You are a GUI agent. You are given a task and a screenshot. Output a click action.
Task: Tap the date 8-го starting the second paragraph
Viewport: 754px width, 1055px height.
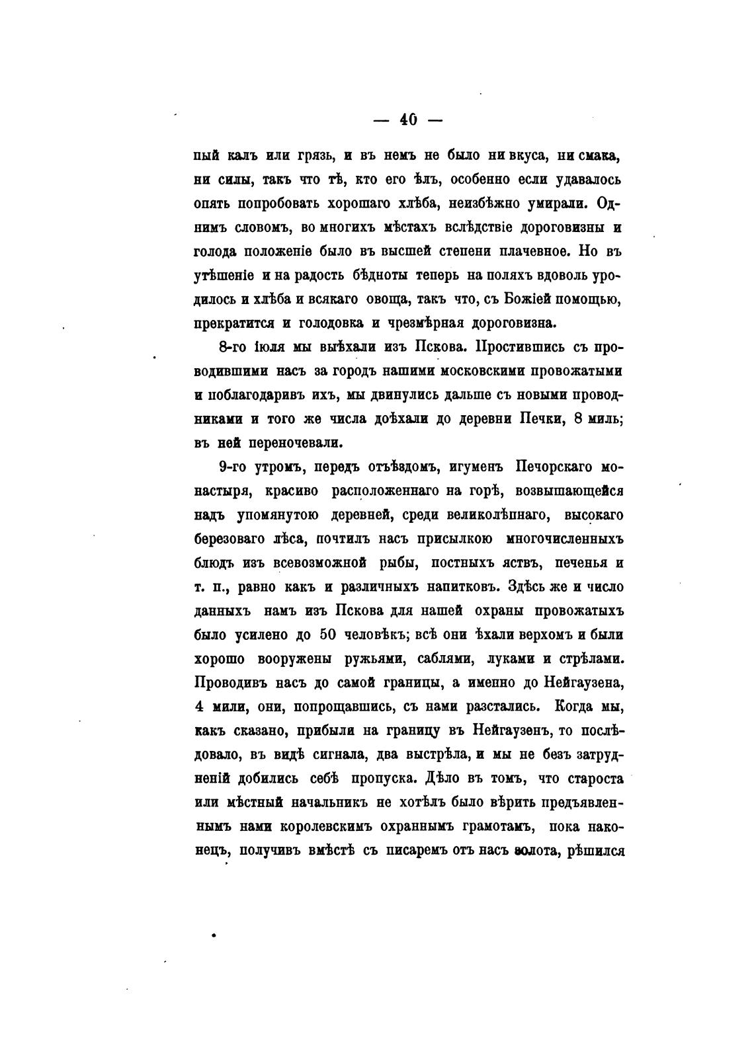232,347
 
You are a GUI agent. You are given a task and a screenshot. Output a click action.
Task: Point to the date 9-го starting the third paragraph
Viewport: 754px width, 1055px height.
232,467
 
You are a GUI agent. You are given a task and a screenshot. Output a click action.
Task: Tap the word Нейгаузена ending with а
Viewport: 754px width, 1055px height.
584,682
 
